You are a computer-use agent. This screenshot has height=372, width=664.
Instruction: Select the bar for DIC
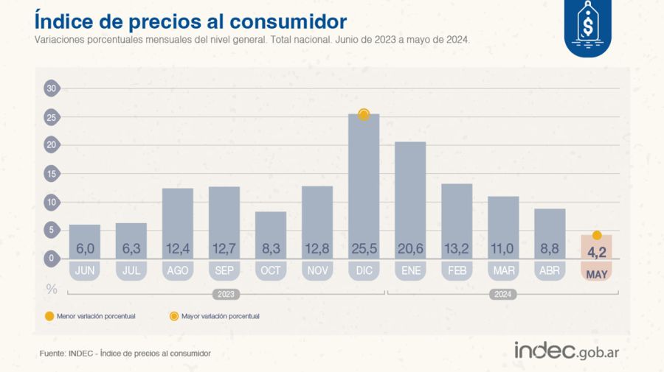(364, 184)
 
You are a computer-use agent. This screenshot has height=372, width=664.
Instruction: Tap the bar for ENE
(410, 199)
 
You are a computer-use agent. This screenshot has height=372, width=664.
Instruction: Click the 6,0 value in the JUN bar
(85, 249)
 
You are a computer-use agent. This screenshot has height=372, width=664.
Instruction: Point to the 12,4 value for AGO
(178, 249)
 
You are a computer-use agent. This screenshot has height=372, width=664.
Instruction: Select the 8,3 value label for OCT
(271, 249)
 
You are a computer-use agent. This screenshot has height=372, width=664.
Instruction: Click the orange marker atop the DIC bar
(364, 114)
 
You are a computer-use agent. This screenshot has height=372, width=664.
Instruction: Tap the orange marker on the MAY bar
(597, 236)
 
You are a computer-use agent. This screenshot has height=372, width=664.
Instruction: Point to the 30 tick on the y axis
(51, 88)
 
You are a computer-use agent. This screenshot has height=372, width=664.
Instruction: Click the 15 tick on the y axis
(51, 174)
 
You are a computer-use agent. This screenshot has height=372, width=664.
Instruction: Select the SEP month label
(224, 271)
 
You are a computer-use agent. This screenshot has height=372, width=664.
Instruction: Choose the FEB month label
(457, 271)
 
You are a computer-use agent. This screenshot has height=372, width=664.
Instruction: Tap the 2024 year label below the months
(503, 294)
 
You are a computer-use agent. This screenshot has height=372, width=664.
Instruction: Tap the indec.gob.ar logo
(566, 351)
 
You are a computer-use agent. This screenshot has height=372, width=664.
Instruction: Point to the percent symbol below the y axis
(52, 289)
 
